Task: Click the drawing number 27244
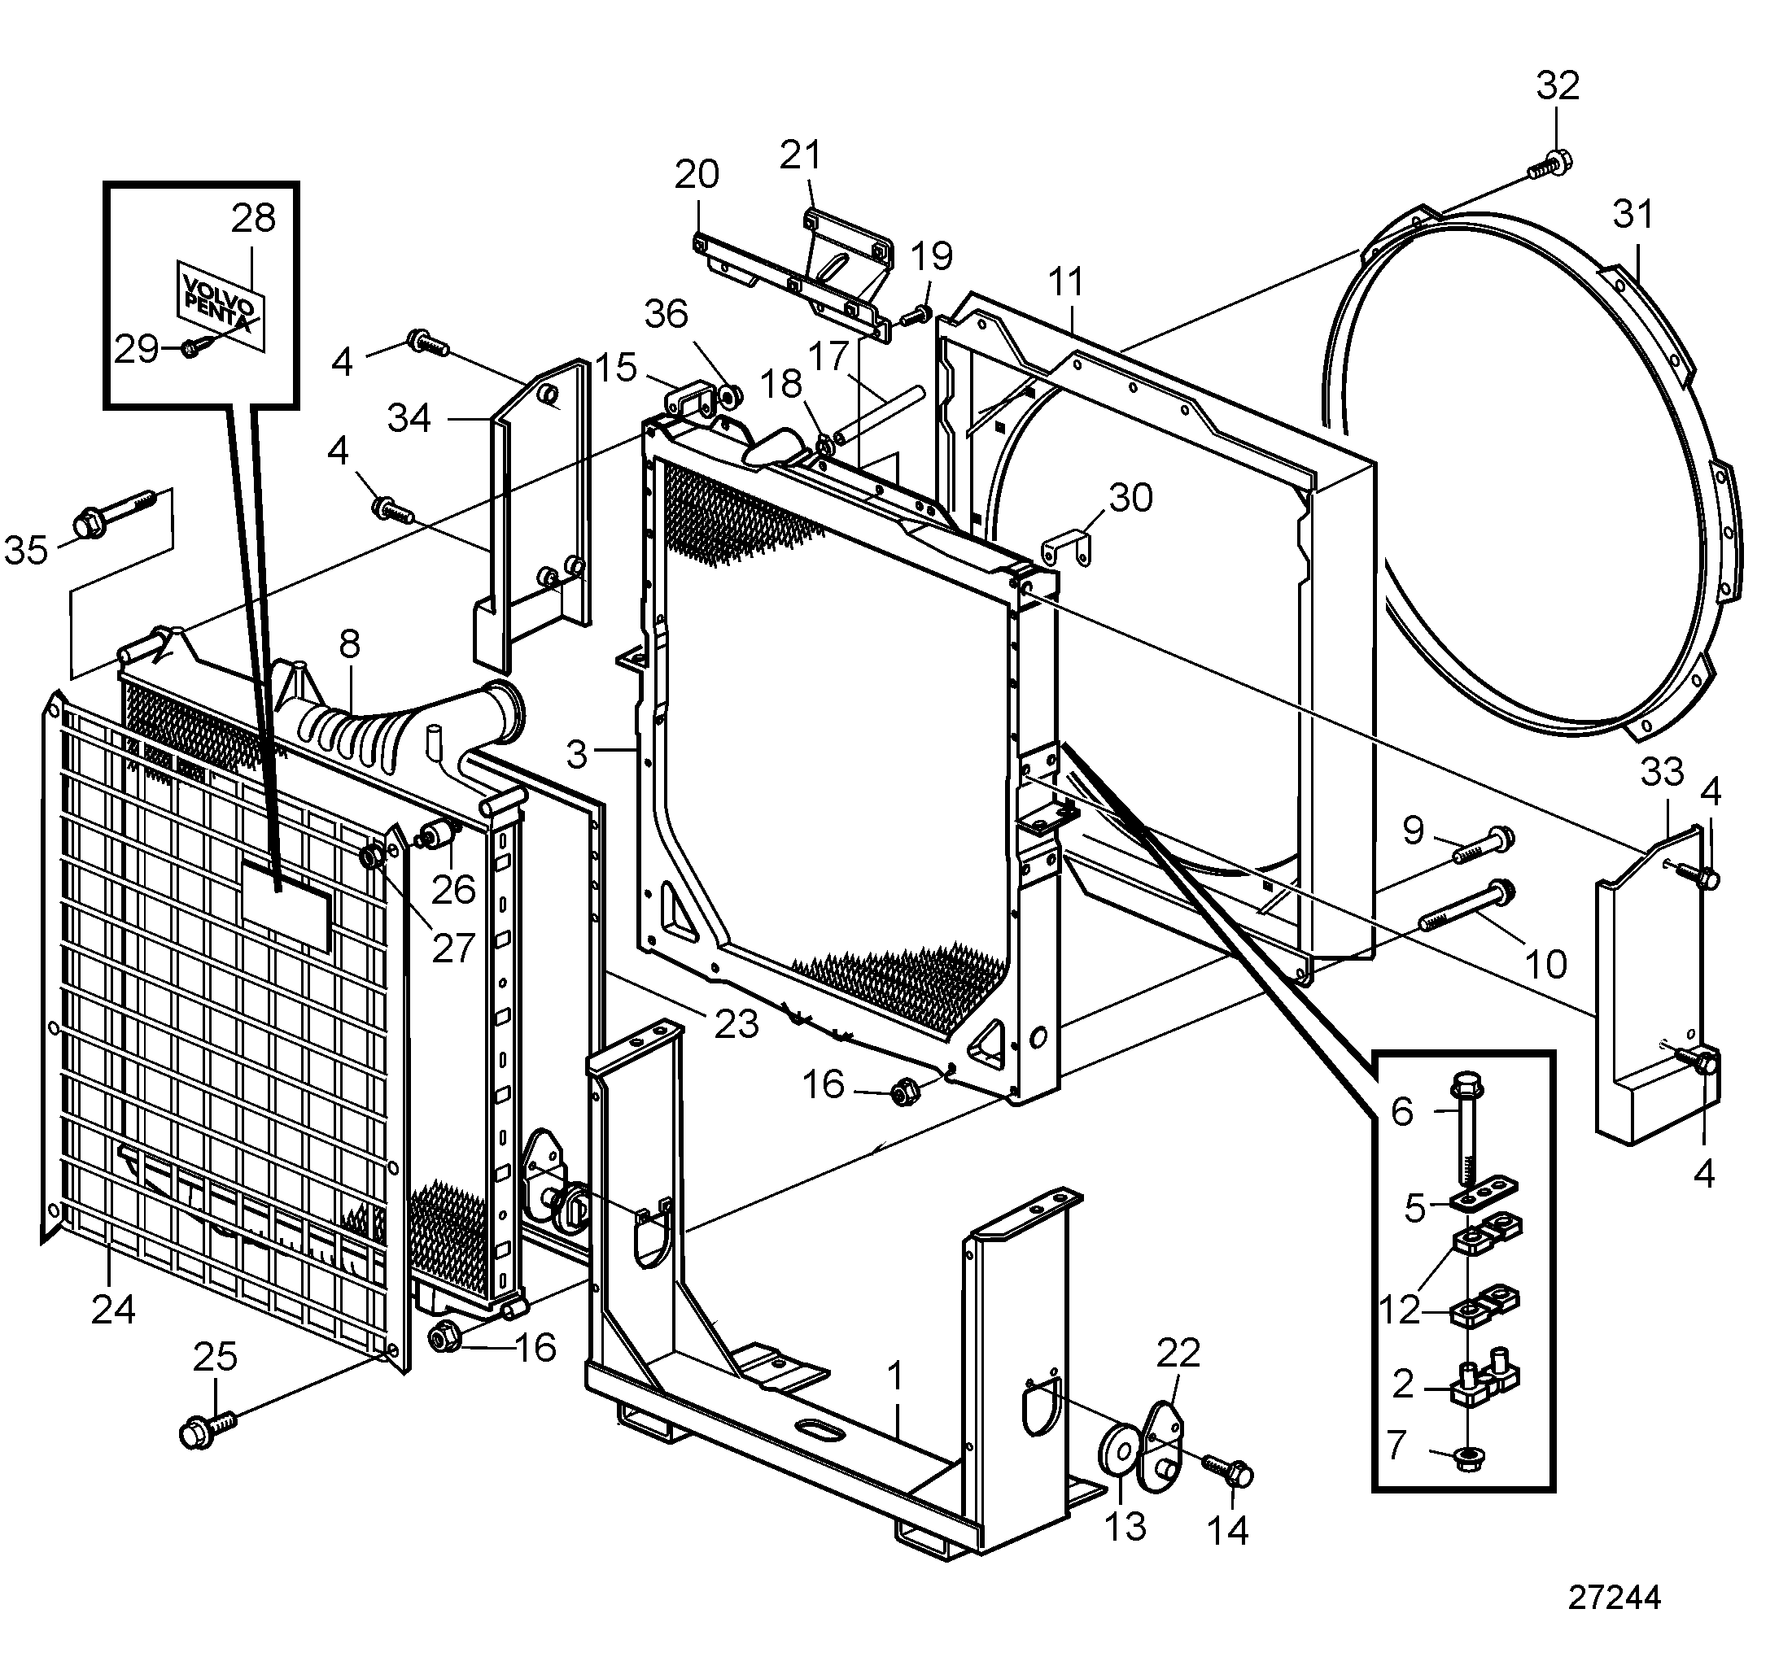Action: coord(1614,1598)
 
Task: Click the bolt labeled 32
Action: coord(1549,166)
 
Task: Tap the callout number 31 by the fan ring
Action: coord(1633,215)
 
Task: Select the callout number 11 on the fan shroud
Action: coord(1065,282)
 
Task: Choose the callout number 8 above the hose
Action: coord(350,644)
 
